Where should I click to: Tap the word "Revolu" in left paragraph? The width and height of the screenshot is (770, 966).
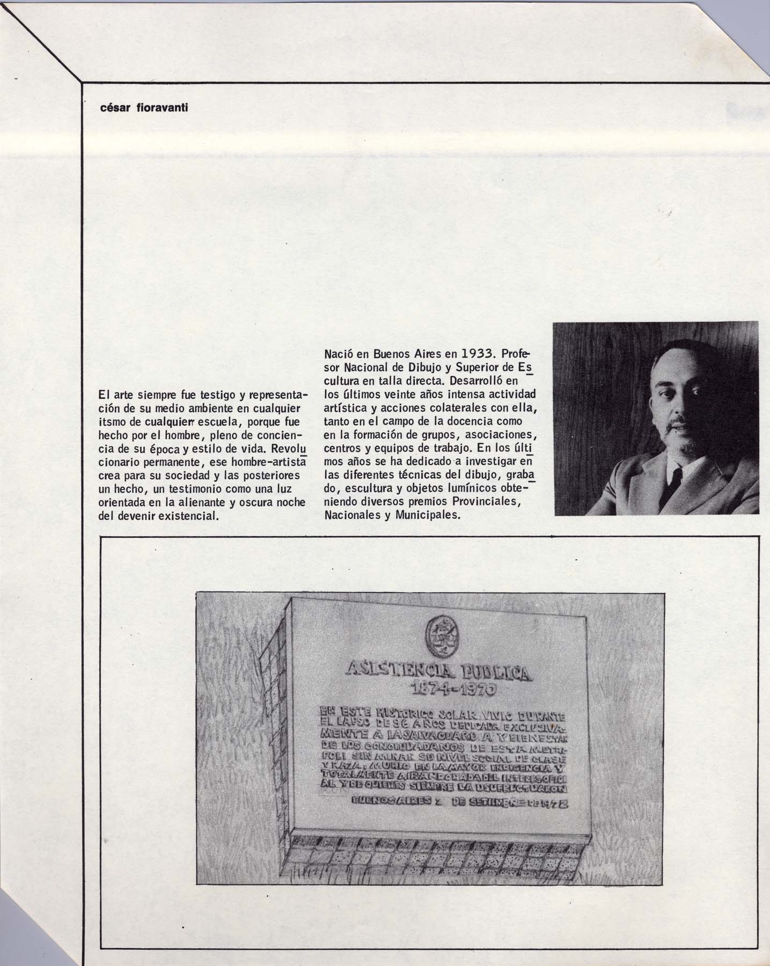[287, 448]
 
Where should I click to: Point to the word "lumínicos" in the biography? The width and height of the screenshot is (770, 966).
[483, 488]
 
